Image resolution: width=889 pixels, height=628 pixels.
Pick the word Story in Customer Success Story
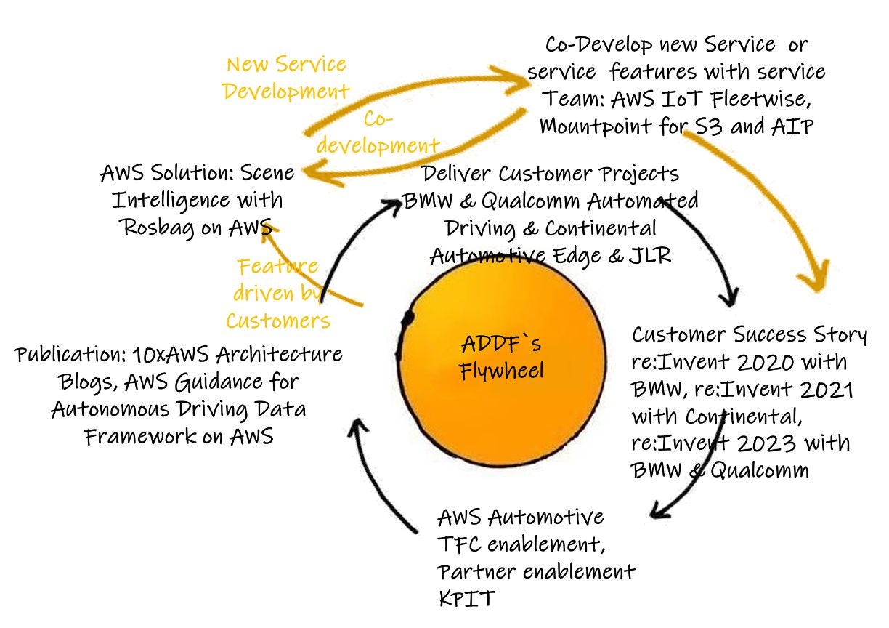pos(840,334)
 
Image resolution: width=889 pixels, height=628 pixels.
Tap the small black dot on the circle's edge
pos(407,318)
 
